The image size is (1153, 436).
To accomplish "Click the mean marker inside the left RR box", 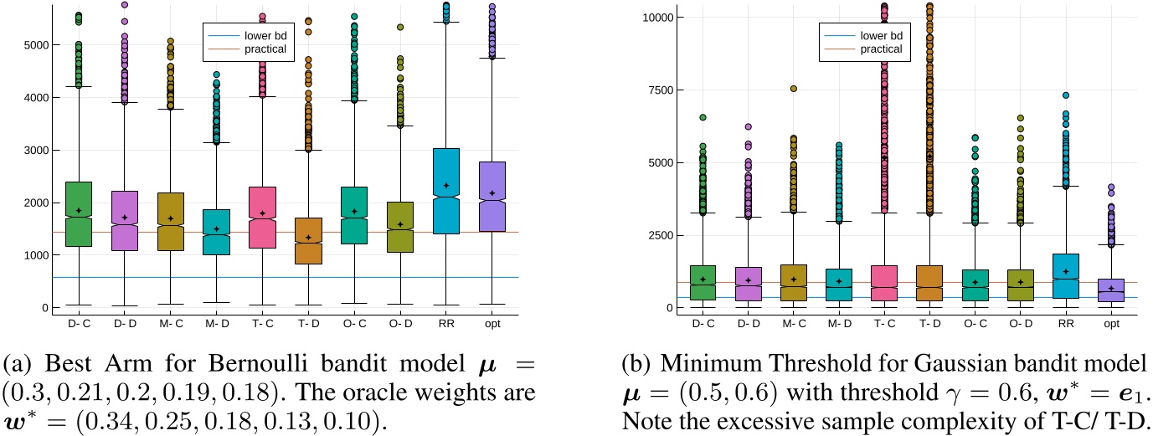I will click(446, 185).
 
